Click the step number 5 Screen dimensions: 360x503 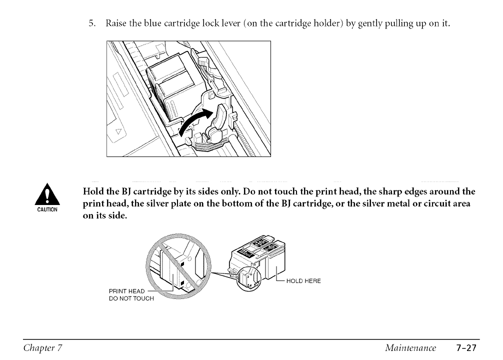pyautogui.click(x=91, y=24)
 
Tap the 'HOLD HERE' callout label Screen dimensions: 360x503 pyautogui.click(x=303, y=281)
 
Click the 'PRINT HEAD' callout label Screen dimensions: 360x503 pyautogui.click(x=126, y=291)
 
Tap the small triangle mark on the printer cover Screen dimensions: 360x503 pyautogui.click(x=119, y=131)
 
